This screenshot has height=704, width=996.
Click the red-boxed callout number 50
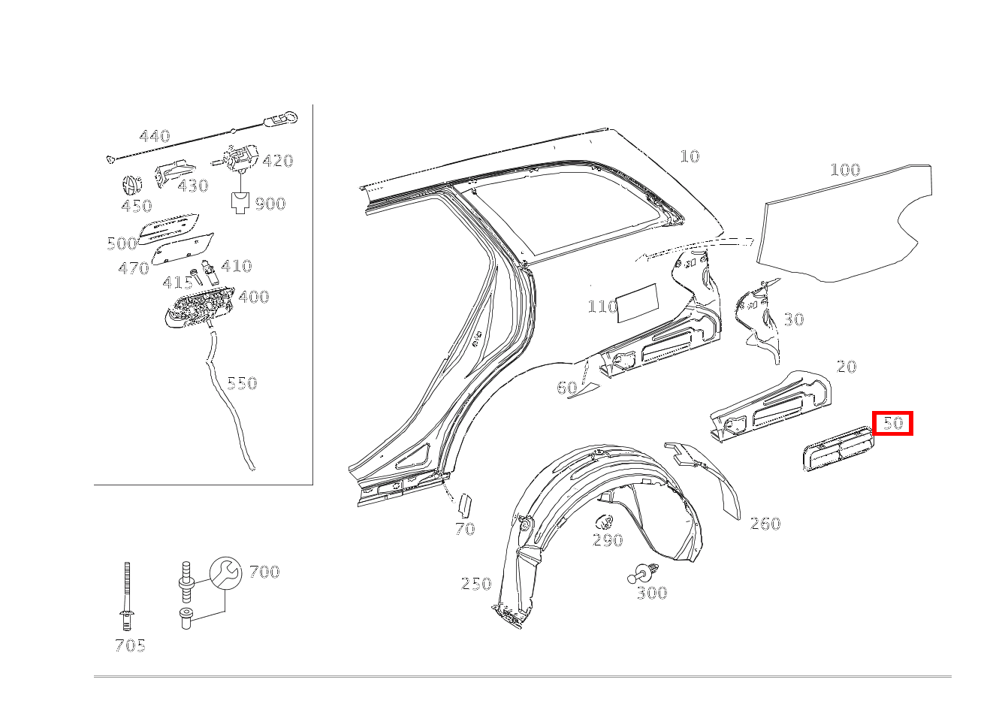(x=893, y=422)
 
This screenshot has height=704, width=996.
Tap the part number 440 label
(x=155, y=136)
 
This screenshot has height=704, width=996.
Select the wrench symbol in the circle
(x=226, y=573)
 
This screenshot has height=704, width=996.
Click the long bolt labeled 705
(x=127, y=596)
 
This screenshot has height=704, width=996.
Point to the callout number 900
(x=270, y=204)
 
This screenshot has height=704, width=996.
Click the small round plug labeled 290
(x=605, y=521)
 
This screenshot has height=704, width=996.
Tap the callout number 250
(x=476, y=584)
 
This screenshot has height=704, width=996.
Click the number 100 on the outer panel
(x=845, y=170)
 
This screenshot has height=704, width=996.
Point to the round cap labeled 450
(x=132, y=186)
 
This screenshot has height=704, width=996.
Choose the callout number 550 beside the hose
(x=242, y=383)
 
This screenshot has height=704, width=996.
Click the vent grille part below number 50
(x=838, y=449)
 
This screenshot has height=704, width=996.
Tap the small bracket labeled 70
(x=465, y=505)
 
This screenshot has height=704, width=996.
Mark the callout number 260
(x=765, y=524)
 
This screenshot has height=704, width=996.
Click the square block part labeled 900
(x=240, y=203)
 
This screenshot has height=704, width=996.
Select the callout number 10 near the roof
(x=690, y=156)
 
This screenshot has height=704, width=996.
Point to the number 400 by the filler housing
(x=254, y=297)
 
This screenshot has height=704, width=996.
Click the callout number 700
(x=264, y=572)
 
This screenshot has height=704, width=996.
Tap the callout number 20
(x=847, y=367)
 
